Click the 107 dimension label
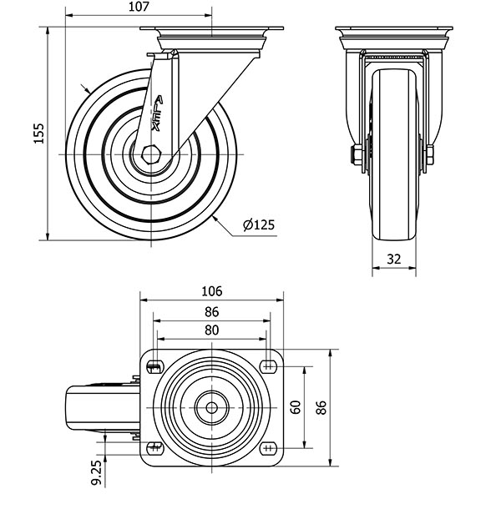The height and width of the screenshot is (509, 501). tap(139, 8)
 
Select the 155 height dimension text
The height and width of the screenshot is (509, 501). tap(38, 133)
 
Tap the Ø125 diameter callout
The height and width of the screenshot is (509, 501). tap(258, 224)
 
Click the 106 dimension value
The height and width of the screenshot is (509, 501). tap(211, 291)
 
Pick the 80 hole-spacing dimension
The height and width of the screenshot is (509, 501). tap(211, 330)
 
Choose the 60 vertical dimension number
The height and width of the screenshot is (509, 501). tap(296, 407)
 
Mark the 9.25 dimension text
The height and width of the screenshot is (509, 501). tap(98, 470)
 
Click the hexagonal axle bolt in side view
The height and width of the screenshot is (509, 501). tap(150, 155)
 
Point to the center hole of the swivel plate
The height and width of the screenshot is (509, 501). tap(211, 407)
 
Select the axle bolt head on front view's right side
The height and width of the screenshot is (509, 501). tap(429, 155)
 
